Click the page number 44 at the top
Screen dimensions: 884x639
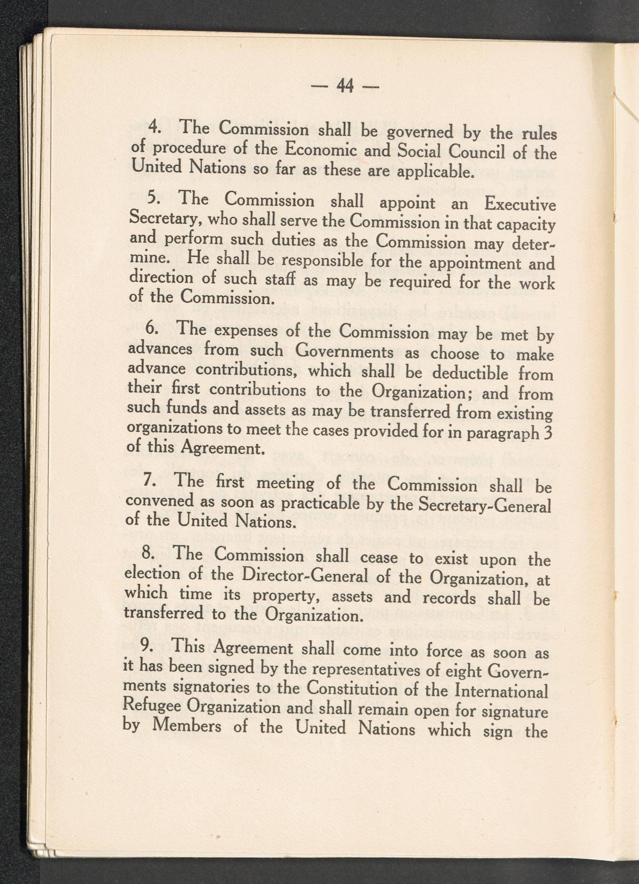pyautogui.click(x=345, y=86)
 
